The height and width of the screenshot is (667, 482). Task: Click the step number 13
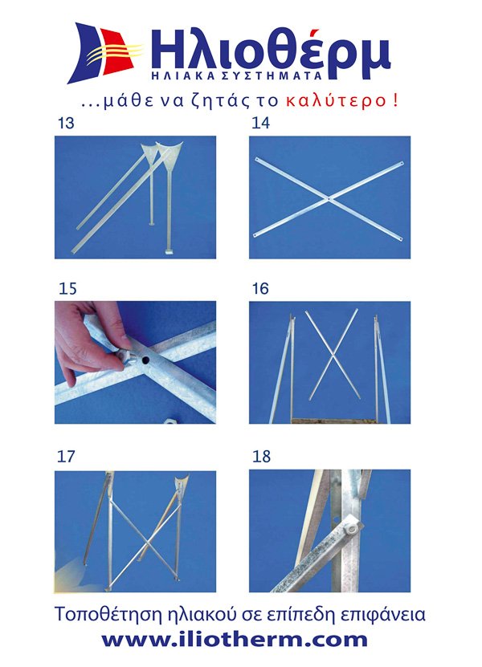click(66, 123)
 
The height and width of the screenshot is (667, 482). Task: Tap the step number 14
click(260, 123)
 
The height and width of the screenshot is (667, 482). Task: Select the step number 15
click(67, 289)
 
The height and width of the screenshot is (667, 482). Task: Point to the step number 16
click(260, 289)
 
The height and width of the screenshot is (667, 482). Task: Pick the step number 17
click(66, 457)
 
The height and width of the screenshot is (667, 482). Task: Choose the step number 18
click(261, 457)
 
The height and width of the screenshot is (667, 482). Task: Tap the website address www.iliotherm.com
click(235, 641)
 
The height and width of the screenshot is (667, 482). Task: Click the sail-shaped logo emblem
click(104, 53)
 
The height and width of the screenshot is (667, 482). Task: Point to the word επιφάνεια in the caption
click(384, 615)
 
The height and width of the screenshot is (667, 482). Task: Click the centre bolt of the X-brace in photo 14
click(329, 198)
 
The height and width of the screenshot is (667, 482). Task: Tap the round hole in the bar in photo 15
click(145, 360)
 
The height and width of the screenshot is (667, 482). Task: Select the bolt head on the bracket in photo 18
click(352, 530)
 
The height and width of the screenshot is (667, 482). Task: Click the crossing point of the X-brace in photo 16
click(333, 353)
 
